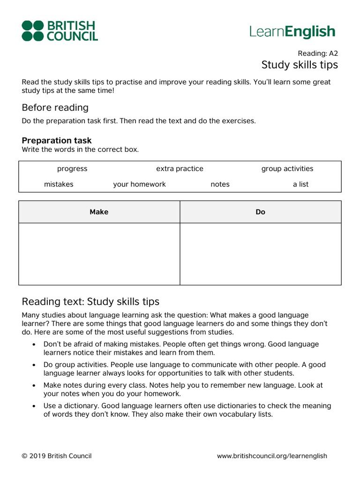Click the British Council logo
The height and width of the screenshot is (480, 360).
60,30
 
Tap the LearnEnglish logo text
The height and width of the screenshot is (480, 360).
292,31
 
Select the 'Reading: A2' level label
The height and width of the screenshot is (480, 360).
318,53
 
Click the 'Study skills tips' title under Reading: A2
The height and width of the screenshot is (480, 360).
300,64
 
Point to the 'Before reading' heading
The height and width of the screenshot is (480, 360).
55,107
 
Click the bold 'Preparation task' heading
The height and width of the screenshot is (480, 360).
57,140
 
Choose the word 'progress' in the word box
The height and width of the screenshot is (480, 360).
72,169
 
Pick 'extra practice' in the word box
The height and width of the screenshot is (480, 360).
180,169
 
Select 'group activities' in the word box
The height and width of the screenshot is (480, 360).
287,169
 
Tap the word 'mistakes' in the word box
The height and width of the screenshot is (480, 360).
59,184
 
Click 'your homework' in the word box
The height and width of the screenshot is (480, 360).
139,184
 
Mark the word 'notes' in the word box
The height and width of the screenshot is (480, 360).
220,184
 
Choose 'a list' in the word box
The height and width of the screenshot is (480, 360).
300,184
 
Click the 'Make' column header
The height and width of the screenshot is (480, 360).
99,212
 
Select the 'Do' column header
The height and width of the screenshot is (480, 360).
261,212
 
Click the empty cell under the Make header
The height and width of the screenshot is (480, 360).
99,254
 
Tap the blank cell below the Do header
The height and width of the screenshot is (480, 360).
261,254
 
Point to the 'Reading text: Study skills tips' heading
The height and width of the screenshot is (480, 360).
90,301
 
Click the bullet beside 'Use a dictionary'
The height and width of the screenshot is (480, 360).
34,406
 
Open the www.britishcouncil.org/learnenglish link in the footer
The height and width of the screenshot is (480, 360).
272,456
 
